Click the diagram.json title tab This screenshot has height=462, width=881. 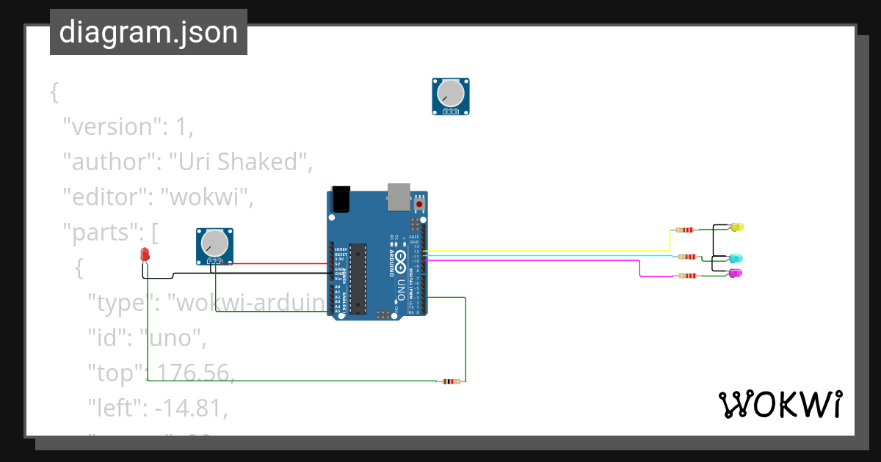click(148, 32)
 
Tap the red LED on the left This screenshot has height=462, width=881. click(145, 255)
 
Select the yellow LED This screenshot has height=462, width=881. click(737, 227)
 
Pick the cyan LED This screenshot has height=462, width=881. click(736, 259)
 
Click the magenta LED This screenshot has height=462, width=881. click(735, 273)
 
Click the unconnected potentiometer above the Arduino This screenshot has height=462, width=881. click(450, 96)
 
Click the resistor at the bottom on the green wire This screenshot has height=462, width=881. click(450, 381)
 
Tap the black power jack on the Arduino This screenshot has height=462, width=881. click(341, 199)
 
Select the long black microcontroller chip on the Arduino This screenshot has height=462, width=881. click(358, 278)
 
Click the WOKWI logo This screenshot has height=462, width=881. click(780, 404)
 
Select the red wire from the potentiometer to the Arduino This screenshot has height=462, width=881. click(279, 263)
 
